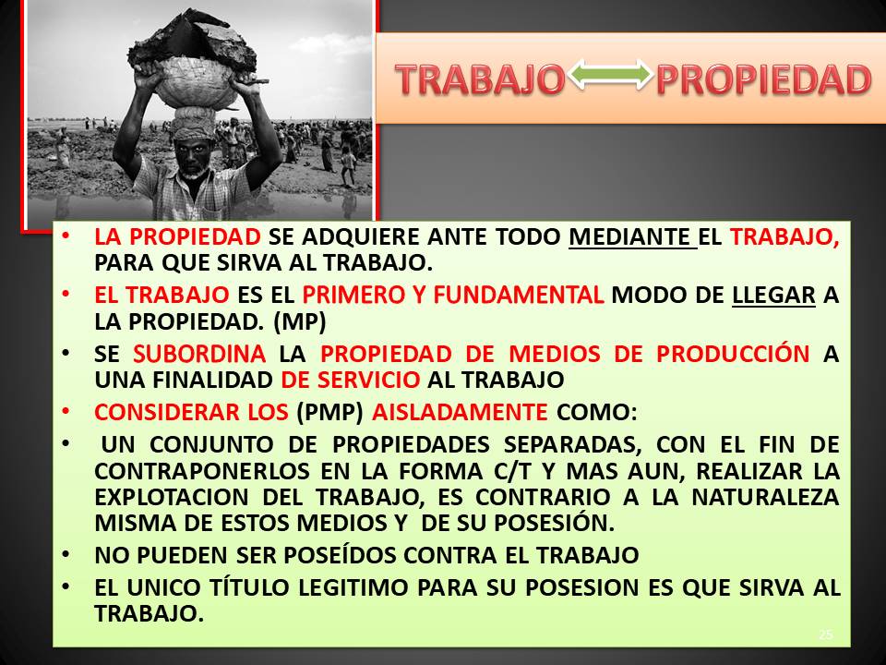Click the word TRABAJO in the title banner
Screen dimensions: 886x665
click(480, 79)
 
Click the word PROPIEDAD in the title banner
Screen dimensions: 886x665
click(764, 79)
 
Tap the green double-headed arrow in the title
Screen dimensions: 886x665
click(610, 75)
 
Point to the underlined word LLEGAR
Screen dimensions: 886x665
click(773, 296)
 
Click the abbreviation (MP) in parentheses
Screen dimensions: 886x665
click(299, 321)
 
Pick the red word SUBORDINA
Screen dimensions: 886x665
click(199, 354)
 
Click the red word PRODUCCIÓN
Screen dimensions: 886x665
click(733, 354)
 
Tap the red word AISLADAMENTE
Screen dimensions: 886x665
click(460, 412)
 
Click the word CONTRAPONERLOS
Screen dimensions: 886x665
click(202, 471)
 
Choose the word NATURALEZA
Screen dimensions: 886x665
click(766, 498)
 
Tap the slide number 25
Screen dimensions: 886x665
click(825, 635)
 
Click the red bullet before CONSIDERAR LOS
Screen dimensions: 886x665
click(66, 411)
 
